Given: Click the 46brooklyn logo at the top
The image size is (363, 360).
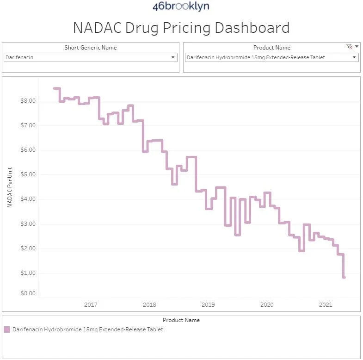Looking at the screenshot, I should (181, 6).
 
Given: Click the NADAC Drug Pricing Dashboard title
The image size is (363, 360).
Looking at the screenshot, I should (181, 28).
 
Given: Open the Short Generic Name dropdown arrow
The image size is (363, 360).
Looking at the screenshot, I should (173, 57).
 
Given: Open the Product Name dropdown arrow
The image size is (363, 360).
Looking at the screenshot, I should (354, 57).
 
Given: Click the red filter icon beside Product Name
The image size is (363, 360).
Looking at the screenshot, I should (349, 47).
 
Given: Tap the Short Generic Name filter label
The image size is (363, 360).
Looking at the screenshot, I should (91, 48).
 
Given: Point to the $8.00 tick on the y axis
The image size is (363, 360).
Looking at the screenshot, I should (26, 101).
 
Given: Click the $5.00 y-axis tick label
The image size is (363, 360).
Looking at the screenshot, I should (26, 174).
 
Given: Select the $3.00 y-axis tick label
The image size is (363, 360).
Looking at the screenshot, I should (26, 224).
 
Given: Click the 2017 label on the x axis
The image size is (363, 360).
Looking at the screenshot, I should (91, 304).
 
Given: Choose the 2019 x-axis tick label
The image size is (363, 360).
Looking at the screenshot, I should (208, 304).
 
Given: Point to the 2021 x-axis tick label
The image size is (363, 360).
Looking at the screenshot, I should (326, 304).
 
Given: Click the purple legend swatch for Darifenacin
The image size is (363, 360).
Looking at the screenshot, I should (7, 329).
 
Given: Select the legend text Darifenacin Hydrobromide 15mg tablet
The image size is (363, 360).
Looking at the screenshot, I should (88, 329).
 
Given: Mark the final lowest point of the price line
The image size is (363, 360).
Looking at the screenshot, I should (344, 277).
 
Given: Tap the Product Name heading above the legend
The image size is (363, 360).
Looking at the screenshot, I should (181, 320).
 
